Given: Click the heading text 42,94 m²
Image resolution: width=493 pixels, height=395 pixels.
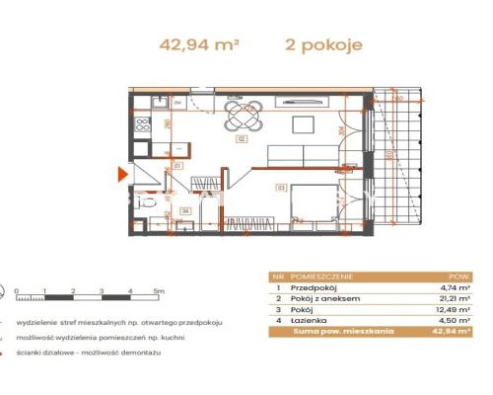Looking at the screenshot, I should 199,44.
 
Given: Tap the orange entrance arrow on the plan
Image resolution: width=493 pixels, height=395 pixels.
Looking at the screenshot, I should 122,176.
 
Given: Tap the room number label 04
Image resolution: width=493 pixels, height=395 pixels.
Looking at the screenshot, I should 184,210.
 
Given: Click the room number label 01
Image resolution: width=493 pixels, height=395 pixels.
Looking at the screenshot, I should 178,166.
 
